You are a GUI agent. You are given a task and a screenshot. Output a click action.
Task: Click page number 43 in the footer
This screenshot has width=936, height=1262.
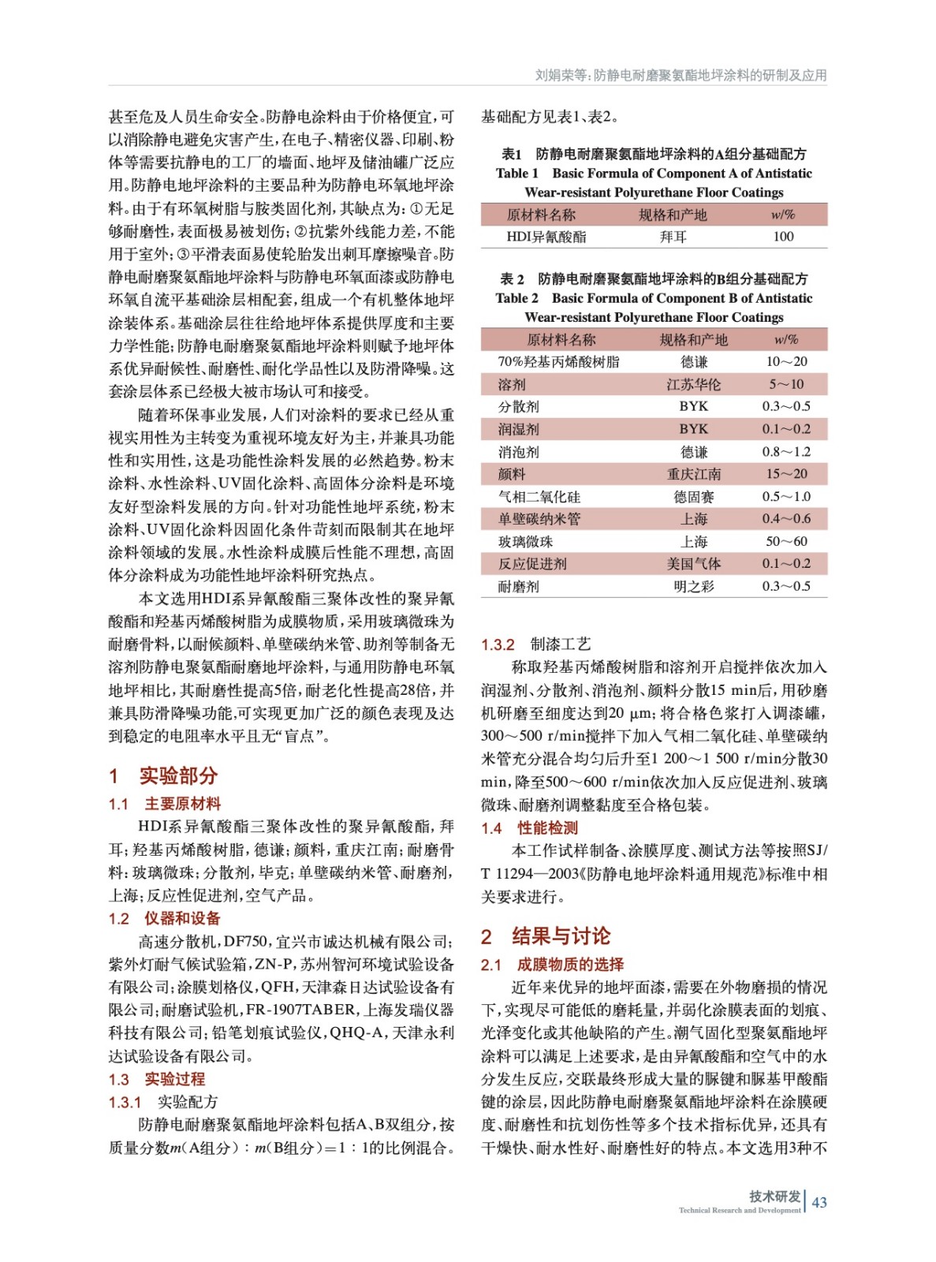tap(819, 1202)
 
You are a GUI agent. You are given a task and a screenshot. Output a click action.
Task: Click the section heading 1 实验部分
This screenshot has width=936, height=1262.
tap(163, 775)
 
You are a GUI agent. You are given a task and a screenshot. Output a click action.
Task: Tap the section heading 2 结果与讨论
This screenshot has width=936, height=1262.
tap(546, 936)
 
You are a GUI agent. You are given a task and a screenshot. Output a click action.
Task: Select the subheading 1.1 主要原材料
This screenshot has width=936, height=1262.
tap(165, 804)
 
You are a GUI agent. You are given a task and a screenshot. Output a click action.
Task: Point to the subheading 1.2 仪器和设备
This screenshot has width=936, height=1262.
tap(165, 918)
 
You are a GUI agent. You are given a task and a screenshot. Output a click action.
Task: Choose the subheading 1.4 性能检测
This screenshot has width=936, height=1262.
tap(530, 827)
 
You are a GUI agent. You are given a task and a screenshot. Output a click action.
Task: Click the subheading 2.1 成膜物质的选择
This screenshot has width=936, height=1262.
tap(553, 964)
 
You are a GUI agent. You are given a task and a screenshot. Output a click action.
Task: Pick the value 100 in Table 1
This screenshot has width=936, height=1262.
tap(783, 237)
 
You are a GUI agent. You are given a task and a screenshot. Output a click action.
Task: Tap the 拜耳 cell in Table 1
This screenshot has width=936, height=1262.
tap(673, 237)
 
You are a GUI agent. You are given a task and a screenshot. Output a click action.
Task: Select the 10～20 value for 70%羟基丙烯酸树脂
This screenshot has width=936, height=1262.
tap(787, 361)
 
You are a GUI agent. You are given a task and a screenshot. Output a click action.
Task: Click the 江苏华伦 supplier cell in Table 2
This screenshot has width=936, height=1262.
tap(693, 384)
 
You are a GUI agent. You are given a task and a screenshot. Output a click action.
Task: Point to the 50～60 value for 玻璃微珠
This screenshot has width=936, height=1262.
tap(787, 541)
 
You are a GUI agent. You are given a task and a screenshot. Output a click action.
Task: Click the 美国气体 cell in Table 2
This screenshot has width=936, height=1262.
tap(693, 563)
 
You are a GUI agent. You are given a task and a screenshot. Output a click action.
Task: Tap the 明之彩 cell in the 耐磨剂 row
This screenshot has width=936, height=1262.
tap(693, 586)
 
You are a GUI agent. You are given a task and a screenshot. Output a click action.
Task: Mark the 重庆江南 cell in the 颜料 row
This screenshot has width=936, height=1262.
tap(693, 474)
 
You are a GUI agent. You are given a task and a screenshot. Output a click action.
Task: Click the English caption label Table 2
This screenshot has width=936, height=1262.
tap(516, 298)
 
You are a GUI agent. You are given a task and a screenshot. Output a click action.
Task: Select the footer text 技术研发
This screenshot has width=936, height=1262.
tap(774, 1196)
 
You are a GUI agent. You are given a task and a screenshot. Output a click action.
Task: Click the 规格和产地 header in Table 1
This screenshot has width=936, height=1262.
tap(673, 215)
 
